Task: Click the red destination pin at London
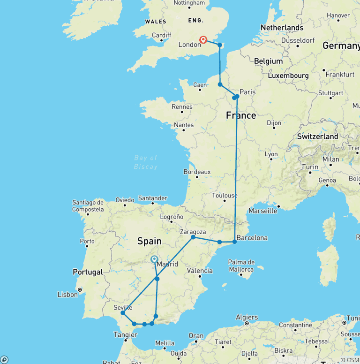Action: click(x=203, y=40)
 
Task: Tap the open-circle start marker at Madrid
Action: click(x=154, y=259)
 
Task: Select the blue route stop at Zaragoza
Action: click(x=193, y=237)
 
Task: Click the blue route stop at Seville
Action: click(x=122, y=312)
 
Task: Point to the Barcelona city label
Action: click(x=252, y=237)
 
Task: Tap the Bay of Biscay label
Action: click(x=145, y=162)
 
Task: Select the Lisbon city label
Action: click(x=67, y=295)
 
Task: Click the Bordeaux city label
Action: click(x=197, y=172)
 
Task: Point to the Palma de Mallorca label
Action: click(x=241, y=265)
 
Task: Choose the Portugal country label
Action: click(x=88, y=272)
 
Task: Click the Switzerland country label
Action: click(x=317, y=136)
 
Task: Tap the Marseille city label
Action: click(x=263, y=211)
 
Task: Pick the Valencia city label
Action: click(x=200, y=271)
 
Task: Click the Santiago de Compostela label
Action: click(x=88, y=206)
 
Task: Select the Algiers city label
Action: click(x=247, y=317)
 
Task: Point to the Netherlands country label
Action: click(x=282, y=28)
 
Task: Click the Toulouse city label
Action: click(x=225, y=196)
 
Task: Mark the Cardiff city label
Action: click(x=162, y=35)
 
